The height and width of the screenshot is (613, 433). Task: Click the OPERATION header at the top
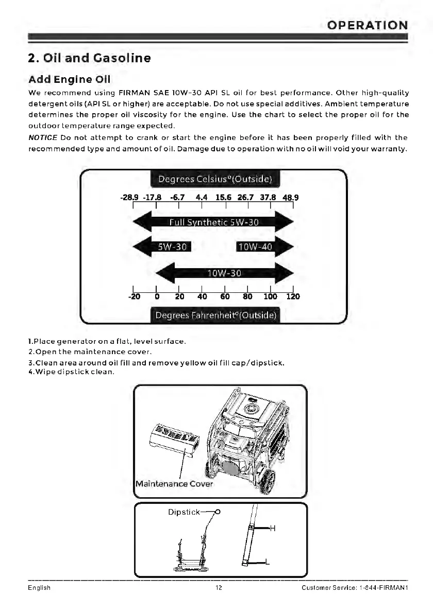pyautogui.click(x=368, y=25)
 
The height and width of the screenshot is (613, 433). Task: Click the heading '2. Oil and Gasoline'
pyautogui.click(x=89, y=58)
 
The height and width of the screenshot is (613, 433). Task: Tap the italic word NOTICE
pyautogui.click(x=42, y=138)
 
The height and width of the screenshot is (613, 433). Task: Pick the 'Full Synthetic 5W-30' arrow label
pyautogui.click(x=214, y=222)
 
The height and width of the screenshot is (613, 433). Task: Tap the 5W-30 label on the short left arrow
pyautogui.click(x=171, y=247)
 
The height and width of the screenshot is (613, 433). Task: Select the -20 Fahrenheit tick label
pyautogui.click(x=134, y=296)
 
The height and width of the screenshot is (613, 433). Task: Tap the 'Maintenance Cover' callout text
pyautogui.click(x=174, y=484)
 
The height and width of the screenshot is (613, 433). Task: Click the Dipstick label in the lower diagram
pyautogui.click(x=184, y=512)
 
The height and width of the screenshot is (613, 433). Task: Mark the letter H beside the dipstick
pyautogui.click(x=273, y=528)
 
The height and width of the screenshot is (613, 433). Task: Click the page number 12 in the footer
pyautogui.click(x=219, y=588)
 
